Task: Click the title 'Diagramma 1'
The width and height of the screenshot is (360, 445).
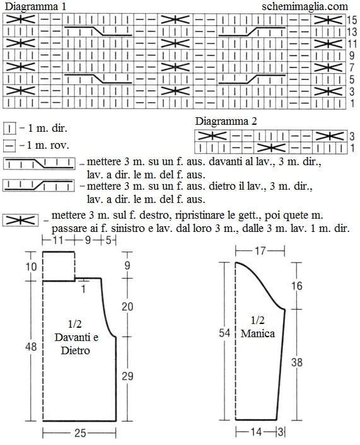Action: [x=35, y=6]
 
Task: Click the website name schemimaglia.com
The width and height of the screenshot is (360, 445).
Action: [x=305, y=6]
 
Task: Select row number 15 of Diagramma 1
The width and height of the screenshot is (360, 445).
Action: [x=351, y=20]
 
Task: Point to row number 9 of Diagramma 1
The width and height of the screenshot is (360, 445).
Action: [x=352, y=55]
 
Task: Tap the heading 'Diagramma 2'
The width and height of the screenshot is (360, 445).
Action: [x=226, y=122]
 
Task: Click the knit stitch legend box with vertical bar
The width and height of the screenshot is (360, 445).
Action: [x=9, y=129]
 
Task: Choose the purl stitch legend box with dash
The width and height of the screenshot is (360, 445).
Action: [x=9, y=146]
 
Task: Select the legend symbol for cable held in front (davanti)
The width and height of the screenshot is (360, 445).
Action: [x=39, y=164]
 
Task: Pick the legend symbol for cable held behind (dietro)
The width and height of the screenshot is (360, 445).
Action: [x=39, y=185]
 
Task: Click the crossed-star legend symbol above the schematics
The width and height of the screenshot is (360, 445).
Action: [x=20, y=221]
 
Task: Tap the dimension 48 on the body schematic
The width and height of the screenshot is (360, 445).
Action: [x=31, y=347]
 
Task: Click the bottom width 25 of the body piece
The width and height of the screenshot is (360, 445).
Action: [x=80, y=433]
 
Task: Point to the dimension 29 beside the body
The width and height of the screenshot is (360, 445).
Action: [x=127, y=376]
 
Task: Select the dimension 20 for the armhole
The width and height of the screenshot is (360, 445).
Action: [x=127, y=306]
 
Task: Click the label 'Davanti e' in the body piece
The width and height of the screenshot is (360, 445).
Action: [x=76, y=337]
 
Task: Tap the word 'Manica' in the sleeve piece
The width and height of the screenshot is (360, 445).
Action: [x=258, y=333]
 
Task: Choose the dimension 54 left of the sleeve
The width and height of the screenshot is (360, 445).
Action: [x=224, y=333]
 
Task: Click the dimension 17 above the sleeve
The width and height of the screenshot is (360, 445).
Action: [x=260, y=251]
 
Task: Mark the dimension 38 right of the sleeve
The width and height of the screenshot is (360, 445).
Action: [x=297, y=362]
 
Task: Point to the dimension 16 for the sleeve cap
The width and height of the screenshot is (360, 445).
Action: [x=297, y=286]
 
